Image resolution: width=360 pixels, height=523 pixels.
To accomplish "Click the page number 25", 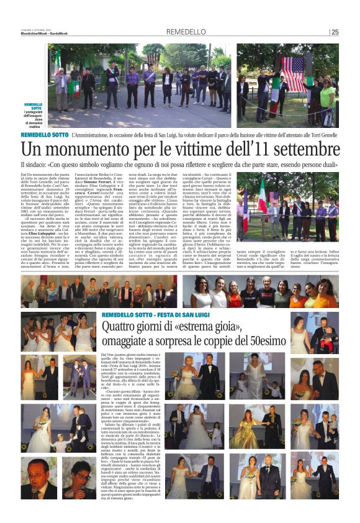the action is [335, 32].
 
